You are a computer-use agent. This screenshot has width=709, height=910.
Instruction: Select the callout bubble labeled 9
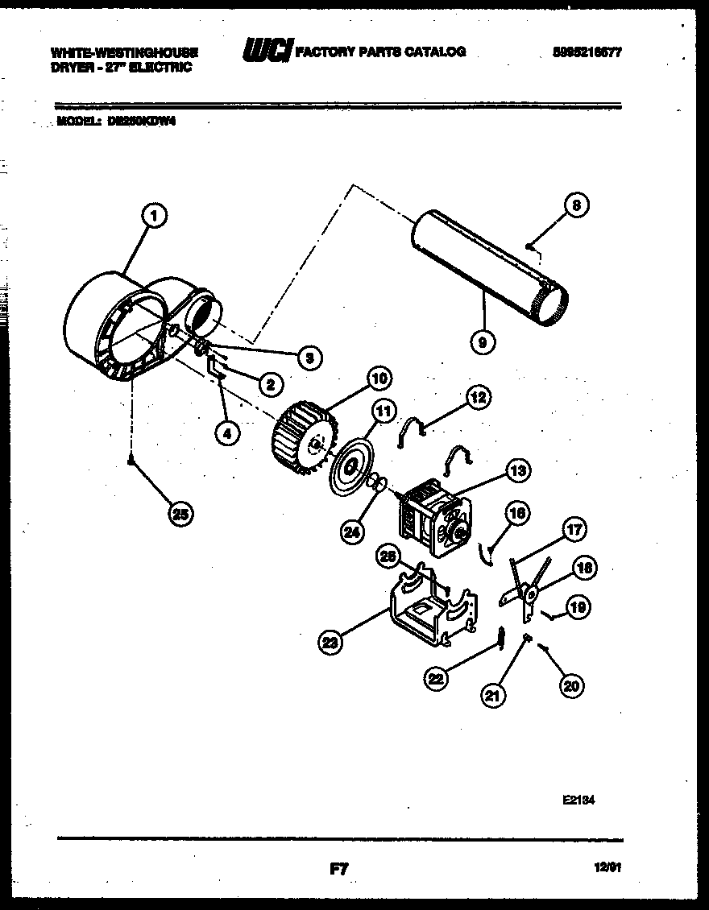(483, 341)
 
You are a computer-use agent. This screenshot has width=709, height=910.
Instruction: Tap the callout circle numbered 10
(379, 377)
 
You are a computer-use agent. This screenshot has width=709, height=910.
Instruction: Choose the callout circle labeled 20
(571, 685)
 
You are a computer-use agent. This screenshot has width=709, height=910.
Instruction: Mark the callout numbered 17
(575, 531)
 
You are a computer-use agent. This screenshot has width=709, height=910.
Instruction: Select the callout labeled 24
(351, 532)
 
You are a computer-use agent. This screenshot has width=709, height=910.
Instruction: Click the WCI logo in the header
(267, 52)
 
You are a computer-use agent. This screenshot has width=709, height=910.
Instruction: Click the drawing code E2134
(578, 801)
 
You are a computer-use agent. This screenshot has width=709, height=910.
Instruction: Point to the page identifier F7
(338, 868)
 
